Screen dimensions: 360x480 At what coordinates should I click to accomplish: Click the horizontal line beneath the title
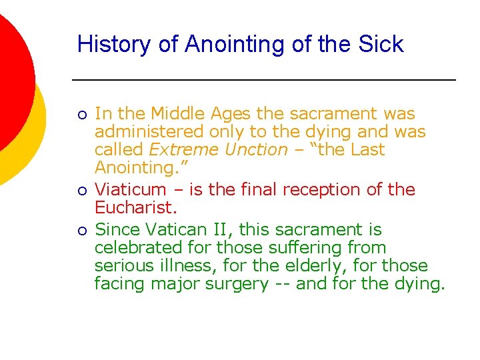pyautogui.click(x=263, y=80)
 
